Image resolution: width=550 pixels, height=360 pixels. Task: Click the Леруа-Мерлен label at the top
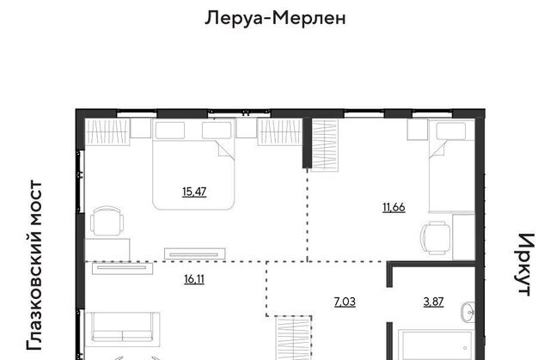(x=275, y=17)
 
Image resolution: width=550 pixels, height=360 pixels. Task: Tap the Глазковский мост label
(x=34, y=265)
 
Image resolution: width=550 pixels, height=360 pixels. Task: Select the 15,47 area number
(x=194, y=192)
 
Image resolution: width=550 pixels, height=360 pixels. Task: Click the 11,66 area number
(x=394, y=208)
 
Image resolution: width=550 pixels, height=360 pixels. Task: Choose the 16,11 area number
(x=194, y=279)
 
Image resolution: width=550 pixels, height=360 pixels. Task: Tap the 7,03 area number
(x=345, y=302)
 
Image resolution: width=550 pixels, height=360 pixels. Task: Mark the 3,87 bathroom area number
(x=433, y=302)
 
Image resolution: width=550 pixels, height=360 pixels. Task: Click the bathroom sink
(x=467, y=312)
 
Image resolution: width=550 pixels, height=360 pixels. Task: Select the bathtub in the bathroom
(x=437, y=345)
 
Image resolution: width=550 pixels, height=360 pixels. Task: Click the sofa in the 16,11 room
(x=123, y=327)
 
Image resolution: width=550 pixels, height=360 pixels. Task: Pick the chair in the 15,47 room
(x=107, y=221)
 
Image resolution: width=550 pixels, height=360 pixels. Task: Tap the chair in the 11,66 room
(x=436, y=238)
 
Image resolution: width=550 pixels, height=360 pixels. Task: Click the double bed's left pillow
(x=170, y=131)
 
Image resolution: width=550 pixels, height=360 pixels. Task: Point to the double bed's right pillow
(x=217, y=131)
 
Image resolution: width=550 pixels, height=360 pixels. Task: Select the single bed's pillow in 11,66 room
(x=451, y=131)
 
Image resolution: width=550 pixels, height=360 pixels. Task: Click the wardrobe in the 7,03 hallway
(x=294, y=338)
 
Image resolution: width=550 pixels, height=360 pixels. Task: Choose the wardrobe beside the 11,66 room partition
(x=325, y=144)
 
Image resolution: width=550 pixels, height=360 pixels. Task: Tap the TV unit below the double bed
(x=195, y=253)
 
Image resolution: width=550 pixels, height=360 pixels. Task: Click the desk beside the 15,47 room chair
(x=107, y=249)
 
